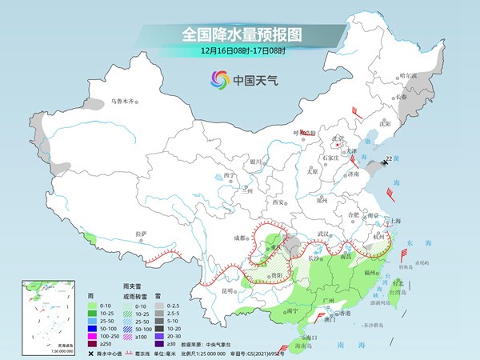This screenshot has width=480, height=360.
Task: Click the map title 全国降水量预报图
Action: click(240, 34)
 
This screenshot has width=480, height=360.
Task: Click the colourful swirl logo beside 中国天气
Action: click(219, 80)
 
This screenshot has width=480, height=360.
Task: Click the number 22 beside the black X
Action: click(389, 158)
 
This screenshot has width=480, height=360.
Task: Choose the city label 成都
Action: click(239, 238)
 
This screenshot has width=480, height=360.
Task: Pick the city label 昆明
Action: click(230, 290)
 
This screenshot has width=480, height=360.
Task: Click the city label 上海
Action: click(394, 221)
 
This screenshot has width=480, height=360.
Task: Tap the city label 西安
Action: click(278, 202)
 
